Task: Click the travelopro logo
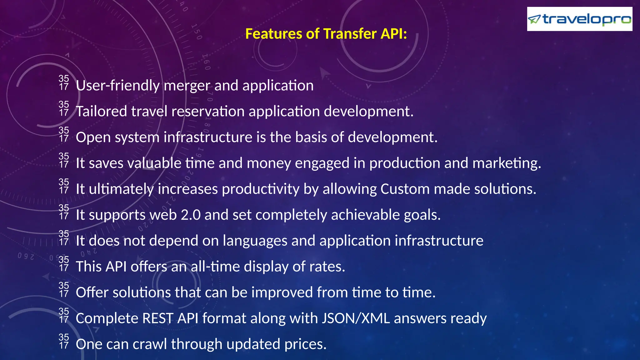point(579,19)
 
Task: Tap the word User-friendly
point(117,86)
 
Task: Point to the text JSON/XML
point(356,318)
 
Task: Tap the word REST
point(157,318)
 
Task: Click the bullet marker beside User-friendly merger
point(64,83)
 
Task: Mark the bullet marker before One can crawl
point(64,341)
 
